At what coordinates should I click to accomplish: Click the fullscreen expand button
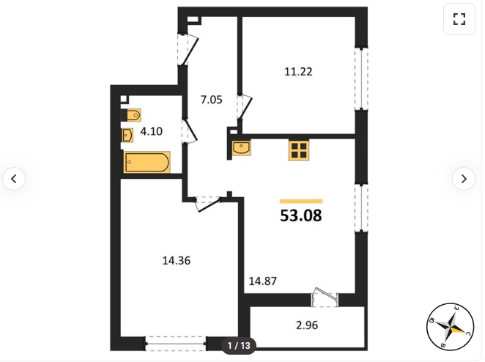pos(459,19)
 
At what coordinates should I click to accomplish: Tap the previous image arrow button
pos(14,179)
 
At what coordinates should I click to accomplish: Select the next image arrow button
pos(464,179)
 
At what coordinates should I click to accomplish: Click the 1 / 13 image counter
pos(239,345)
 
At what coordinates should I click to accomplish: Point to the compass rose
pos(451,326)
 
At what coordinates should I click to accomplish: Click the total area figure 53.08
pos(301,215)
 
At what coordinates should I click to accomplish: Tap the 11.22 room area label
pos(298,72)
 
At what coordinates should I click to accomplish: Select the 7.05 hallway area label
pos(212,100)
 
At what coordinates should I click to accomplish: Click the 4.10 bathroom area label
pos(151,131)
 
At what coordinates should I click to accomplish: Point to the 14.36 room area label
pos(177,261)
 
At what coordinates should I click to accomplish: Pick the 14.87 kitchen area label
pos(262,281)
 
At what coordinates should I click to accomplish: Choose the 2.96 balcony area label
pos(307,325)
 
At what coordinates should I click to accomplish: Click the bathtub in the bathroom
pos(147,162)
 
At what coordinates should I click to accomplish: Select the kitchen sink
pos(242,147)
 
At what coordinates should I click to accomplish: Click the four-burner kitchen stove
pos(299,150)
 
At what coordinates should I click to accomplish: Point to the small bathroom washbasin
pos(127,136)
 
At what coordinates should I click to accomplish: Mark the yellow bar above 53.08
pos(301,202)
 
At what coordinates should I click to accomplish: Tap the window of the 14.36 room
pos(176,344)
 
